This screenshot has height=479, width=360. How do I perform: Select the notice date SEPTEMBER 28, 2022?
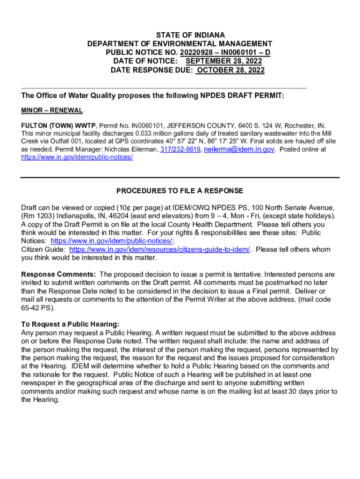[x=223, y=62]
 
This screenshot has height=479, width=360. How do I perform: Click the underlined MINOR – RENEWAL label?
[x=52, y=110]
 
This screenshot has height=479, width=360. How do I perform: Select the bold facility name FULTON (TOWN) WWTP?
[x=58, y=126]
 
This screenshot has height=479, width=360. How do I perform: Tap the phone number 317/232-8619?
[x=180, y=149]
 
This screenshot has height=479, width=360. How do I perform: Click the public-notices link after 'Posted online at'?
[x=77, y=157]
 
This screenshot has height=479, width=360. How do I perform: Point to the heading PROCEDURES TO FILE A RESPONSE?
[x=180, y=191]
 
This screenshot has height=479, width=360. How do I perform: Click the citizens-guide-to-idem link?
[x=160, y=250]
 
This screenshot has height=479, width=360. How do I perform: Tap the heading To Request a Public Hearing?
[x=70, y=324]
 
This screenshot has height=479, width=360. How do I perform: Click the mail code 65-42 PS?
[x=37, y=308]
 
